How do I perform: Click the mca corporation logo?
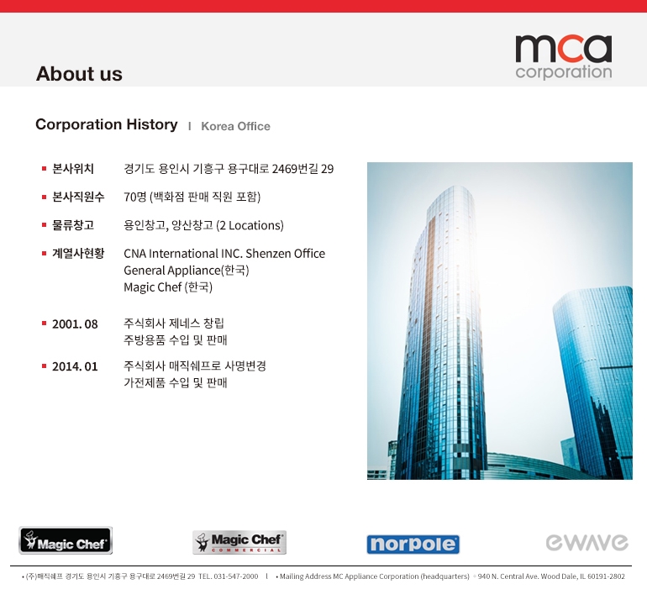563,56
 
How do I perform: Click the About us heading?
79,74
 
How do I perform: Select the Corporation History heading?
107,124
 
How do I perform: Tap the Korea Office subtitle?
235,126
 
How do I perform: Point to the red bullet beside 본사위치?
44,168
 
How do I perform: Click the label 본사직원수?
78,197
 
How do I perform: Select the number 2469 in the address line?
285,169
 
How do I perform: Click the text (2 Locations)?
250,225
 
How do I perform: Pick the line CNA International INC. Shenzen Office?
224,254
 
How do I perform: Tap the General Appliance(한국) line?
186,271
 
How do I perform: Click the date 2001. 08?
75,324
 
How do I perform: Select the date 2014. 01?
75,366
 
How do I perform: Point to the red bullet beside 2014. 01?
44,366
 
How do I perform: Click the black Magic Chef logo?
66,540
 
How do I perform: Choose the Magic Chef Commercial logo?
239,542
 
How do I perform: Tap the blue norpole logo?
413,544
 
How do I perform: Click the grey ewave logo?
587,542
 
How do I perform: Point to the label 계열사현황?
78,254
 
